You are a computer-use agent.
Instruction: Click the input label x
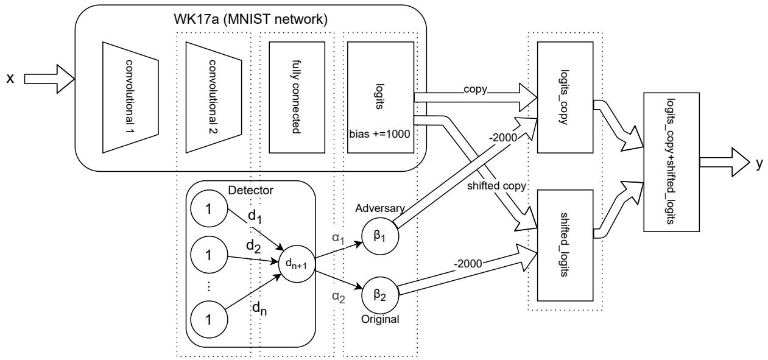click(10, 79)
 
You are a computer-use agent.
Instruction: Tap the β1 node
click(380, 235)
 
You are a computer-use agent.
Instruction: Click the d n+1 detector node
click(297, 266)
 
